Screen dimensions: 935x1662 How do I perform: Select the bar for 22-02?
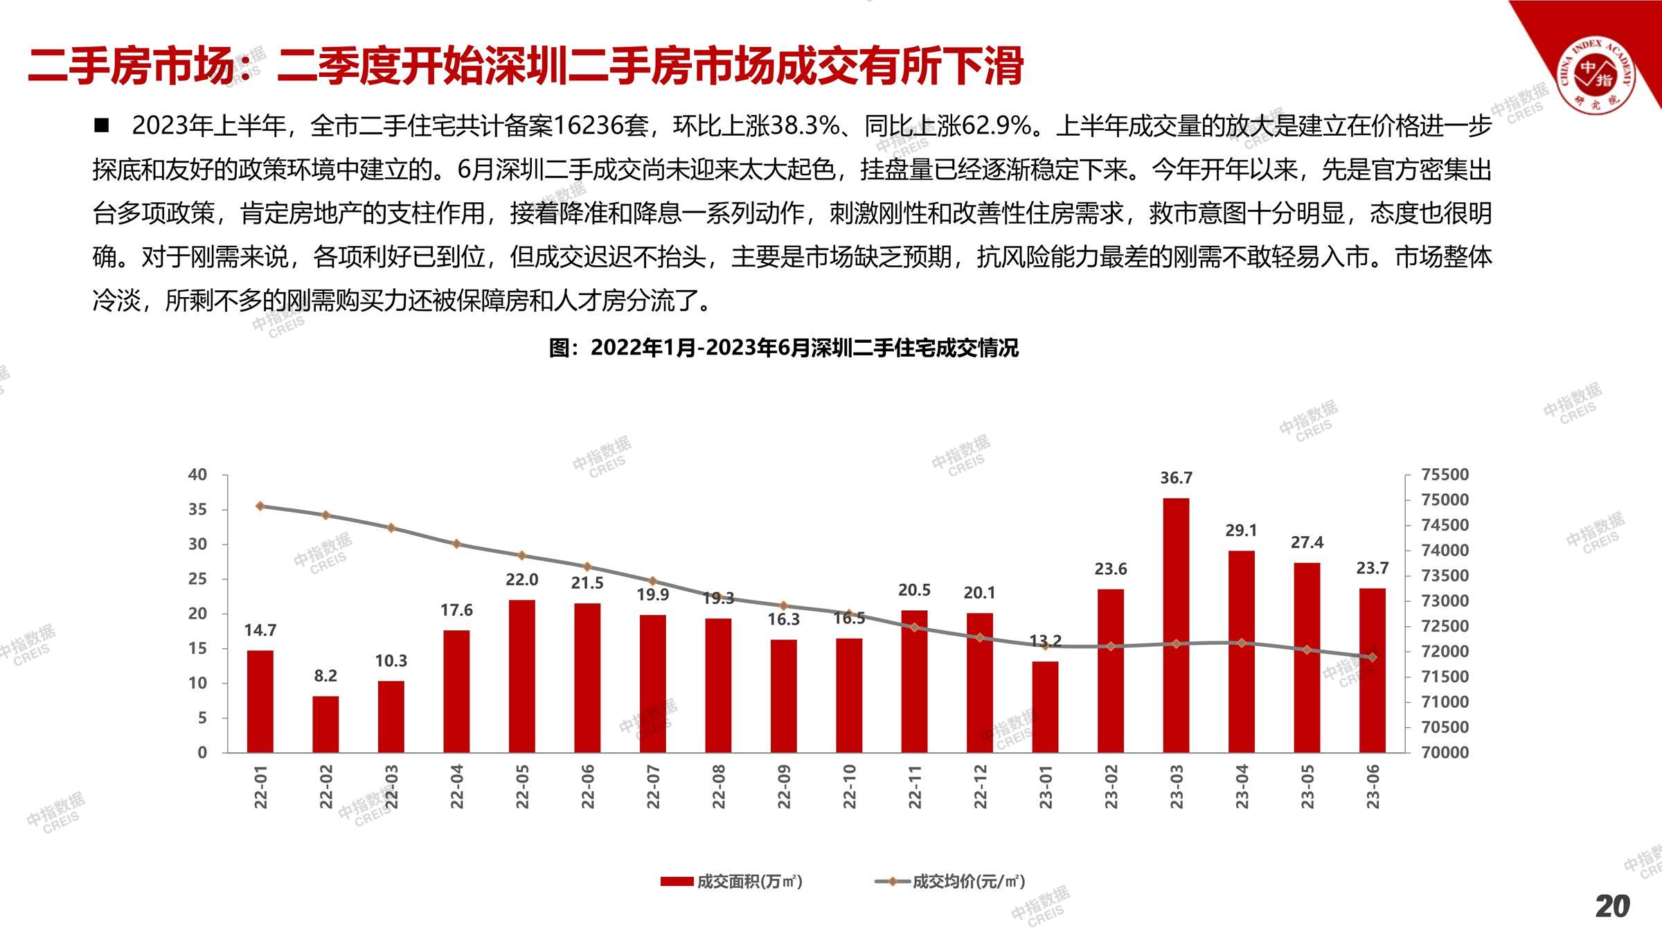(325, 724)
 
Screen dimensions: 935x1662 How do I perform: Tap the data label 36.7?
(1176, 478)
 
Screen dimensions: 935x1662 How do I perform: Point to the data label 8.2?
(325, 675)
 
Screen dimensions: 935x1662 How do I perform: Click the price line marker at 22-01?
(260, 506)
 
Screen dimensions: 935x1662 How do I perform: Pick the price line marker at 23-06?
(1373, 657)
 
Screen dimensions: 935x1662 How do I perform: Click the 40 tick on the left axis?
(197, 475)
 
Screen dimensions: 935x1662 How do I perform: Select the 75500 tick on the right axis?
(1445, 475)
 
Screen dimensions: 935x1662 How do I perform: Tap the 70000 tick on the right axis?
(1445, 753)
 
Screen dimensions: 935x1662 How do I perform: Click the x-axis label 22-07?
(653, 787)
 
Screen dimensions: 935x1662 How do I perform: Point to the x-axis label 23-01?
(1046, 787)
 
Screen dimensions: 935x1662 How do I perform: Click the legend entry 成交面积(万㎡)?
(733, 882)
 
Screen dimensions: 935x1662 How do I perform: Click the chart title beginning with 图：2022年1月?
(783, 348)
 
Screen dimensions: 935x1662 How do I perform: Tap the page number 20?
(1612, 906)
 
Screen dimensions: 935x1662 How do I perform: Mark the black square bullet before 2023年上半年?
(102, 125)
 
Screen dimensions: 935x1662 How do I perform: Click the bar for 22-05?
(521, 676)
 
